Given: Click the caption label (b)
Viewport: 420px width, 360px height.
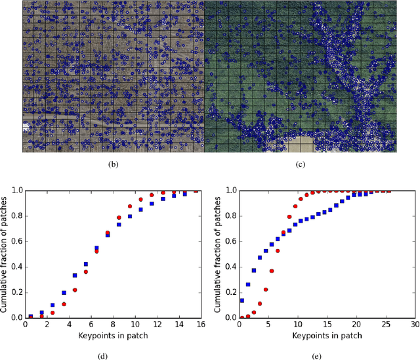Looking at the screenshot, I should [x=113, y=166].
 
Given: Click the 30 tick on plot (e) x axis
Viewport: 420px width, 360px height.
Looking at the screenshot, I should [x=414, y=325].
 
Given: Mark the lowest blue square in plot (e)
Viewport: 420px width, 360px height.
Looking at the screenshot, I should [x=242, y=300].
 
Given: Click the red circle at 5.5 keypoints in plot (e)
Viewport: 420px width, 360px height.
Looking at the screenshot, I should [x=272, y=271].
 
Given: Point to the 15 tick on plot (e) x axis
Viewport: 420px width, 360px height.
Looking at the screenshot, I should [x=327, y=325].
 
